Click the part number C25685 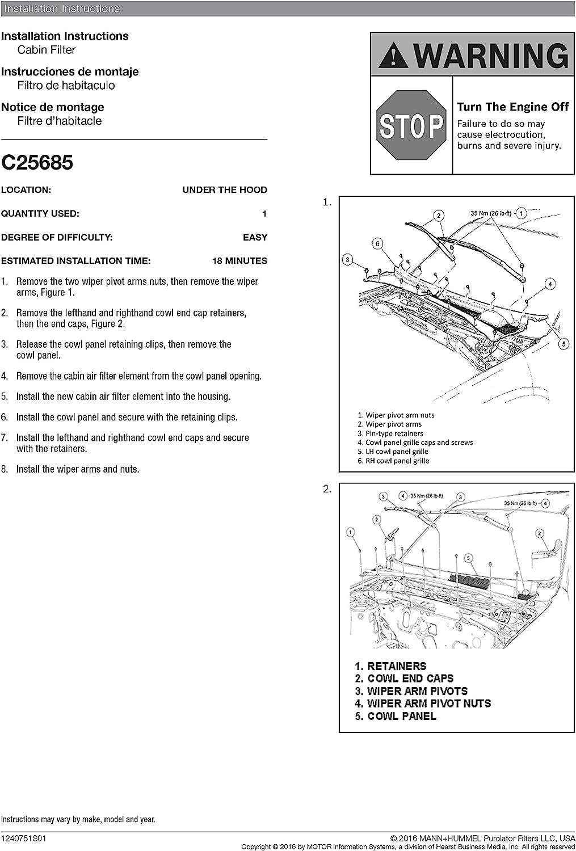[37, 163]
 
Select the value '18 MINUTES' [239, 261]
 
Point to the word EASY [255, 237]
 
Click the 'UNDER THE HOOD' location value [224, 190]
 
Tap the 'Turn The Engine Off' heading [512, 107]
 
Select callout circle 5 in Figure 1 [564, 343]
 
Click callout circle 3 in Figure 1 [348, 260]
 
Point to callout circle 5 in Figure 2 [468, 558]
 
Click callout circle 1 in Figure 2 [351, 532]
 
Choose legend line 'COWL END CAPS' [410, 679]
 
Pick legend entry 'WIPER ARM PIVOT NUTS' [428, 703]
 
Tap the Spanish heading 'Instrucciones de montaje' [70, 71]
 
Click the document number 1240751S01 [24, 839]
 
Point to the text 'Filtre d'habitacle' [60, 121]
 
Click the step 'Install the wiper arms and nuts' [78, 469]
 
